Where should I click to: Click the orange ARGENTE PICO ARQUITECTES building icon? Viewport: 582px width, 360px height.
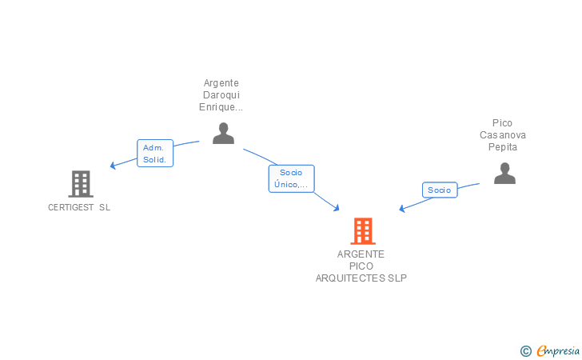click(x=363, y=231)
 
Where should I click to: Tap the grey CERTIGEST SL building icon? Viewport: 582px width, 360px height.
click(x=80, y=184)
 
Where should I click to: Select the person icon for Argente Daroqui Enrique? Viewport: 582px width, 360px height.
click(x=223, y=134)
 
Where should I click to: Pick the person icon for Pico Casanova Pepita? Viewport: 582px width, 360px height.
click(x=504, y=173)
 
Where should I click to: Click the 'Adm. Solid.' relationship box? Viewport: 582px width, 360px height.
click(x=154, y=154)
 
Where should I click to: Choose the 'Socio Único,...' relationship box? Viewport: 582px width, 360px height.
click(x=291, y=178)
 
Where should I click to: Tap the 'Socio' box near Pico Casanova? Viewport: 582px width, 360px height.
click(x=440, y=190)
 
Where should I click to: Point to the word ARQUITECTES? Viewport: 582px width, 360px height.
click(x=350, y=278)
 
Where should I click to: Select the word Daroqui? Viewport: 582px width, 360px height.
click(x=221, y=95)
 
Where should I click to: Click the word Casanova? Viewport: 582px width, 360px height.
click(x=503, y=135)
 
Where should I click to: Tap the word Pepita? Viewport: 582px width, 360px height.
click(x=503, y=147)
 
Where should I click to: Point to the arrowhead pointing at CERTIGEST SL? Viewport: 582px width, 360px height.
click(x=113, y=166)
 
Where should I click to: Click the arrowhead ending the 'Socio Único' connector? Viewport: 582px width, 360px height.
click(x=337, y=209)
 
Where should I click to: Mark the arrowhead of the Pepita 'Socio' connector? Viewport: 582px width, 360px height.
click(x=403, y=210)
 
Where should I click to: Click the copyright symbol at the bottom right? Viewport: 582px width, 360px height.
click(x=525, y=350)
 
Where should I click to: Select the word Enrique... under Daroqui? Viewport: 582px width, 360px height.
click(x=221, y=107)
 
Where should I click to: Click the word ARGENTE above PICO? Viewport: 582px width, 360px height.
click(x=361, y=254)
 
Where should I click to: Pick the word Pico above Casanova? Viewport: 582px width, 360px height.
click(x=503, y=123)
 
